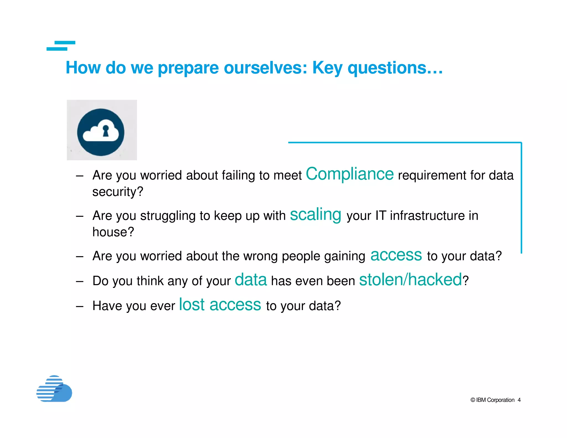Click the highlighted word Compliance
[x=349, y=174]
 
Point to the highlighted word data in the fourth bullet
[x=251, y=280]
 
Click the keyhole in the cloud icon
[x=105, y=131]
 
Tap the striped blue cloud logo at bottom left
[x=54, y=389]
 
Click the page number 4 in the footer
[x=519, y=400]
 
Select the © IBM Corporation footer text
[x=492, y=400]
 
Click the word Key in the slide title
[x=327, y=68]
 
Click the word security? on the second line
[x=118, y=192]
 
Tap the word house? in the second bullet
[x=113, y=232]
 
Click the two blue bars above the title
[x=61, y=46]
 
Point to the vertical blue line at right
[x=521, y=198]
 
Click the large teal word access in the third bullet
[x=396, y=255]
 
